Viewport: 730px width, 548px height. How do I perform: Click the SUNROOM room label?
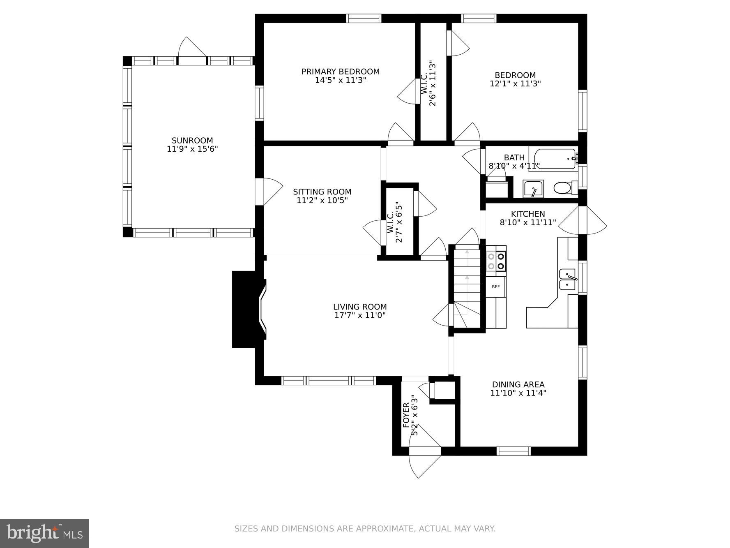[x=192, y=140]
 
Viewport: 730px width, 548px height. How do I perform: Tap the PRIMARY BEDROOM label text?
[x=340, y=72]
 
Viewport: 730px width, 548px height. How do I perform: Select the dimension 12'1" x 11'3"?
[x=515, y=83]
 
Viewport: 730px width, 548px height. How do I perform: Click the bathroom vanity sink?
[x=533, y=189]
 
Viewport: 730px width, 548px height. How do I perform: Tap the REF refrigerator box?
[x=496, y=287]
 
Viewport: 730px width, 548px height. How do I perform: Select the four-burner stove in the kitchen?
[x=496, y=261]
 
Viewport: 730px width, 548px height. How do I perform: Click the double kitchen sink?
[x=567, y=280]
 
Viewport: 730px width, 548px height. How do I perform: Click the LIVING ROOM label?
[x=360, y=307]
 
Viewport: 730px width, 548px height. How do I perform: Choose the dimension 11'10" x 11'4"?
[x=518, y=393]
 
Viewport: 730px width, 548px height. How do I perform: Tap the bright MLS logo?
[x=44, y=533]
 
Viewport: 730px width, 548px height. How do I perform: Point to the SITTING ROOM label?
[x=322, y=192]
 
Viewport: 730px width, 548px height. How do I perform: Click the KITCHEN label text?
[x=528, y=214]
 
